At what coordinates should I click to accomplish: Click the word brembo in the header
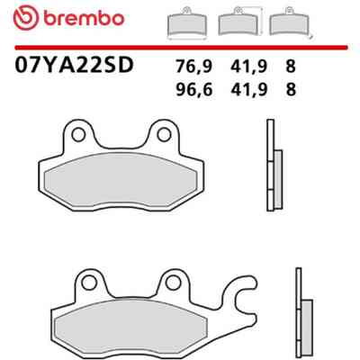tap(84, 18)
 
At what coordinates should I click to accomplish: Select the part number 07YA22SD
tap(74, 66)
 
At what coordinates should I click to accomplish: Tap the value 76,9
tap(194, 67)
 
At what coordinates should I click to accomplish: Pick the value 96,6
tap(194, 89)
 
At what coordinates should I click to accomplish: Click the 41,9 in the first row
tap(248, 67)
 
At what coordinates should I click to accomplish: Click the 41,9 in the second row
tap(248, 89)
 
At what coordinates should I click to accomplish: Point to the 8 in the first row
tap(291, 66)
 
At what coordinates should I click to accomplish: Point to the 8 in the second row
tap(291, 89)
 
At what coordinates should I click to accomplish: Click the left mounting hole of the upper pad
tap(78, 135)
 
